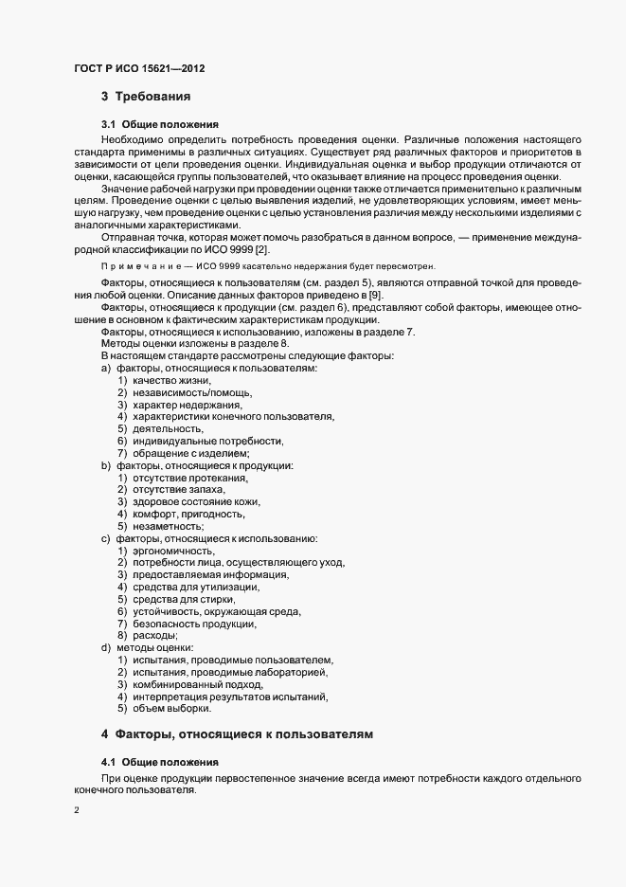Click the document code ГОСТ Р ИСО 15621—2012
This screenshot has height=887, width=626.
138,70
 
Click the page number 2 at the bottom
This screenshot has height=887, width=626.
76,810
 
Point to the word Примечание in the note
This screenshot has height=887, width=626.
131,267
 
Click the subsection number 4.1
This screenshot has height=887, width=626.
110,762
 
